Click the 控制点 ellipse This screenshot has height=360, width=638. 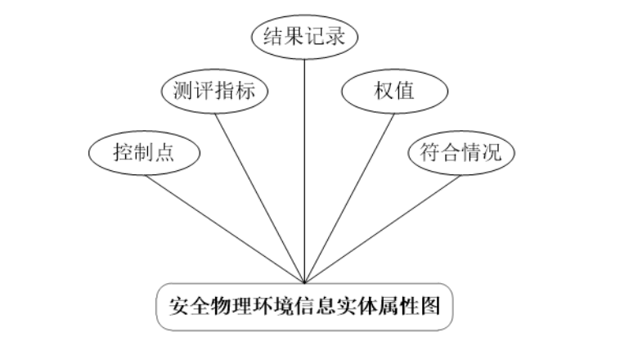[x=144, y=152]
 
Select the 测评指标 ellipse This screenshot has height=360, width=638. [x=215, y=91]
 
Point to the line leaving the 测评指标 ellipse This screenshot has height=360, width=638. [x=260, y=196]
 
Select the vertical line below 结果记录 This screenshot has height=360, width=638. [x=305, y=164]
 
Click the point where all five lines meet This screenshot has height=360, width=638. [x=305, y=283]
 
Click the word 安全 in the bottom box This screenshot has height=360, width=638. [x=189, y=306]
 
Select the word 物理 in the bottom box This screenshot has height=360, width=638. [x=228, y=306]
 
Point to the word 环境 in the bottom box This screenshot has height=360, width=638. [x=267, y=306]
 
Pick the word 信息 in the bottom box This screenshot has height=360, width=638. [x=306, y=306]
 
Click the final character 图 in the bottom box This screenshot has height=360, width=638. [x=433, y=306]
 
